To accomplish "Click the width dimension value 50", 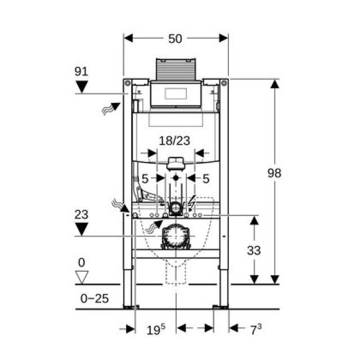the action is [175, 39].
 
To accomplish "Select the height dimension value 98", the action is [274, 173].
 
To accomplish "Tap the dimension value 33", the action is [254, 250].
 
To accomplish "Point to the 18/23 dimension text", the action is [174, 141].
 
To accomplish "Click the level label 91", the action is [81, 71].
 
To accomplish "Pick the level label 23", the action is [81, 214].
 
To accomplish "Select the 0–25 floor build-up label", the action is [94, 299].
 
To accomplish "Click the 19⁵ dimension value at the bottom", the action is [156, 330].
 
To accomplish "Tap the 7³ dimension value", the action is [255, 330].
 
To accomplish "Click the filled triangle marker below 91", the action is [82, 87].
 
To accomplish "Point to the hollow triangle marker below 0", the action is [82, 277].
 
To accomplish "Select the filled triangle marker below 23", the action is [82, 229].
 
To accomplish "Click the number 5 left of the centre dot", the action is [145, 179].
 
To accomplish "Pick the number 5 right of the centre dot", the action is [206, 179].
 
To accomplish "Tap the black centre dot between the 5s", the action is [176, 178].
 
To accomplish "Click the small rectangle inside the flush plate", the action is [175, 94].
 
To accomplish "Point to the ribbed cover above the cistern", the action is [175, 69].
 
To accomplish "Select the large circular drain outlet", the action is [175, 236].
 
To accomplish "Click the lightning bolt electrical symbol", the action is [191, 203].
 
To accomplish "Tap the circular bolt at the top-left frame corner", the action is [128, 83].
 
